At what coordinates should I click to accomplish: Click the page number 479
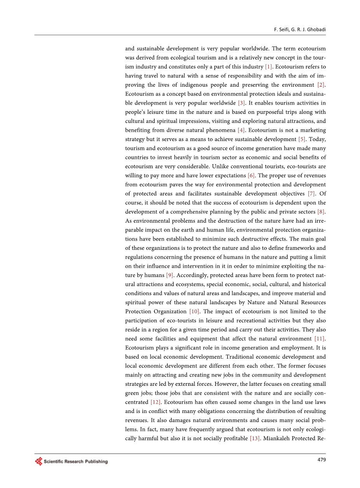point(321,460)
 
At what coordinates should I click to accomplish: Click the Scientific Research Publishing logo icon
point(38,462)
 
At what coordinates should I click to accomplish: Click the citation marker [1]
point(268,67)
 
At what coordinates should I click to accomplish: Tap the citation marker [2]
point(321,85)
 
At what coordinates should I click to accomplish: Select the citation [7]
point(311,193)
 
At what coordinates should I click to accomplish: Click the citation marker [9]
point(170,275)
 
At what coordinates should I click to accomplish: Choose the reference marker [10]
point(194,311)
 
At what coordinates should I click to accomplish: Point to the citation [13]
point(254,438)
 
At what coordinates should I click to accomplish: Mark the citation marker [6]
point(251,175)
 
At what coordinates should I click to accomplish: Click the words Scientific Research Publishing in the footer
point(75,462)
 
